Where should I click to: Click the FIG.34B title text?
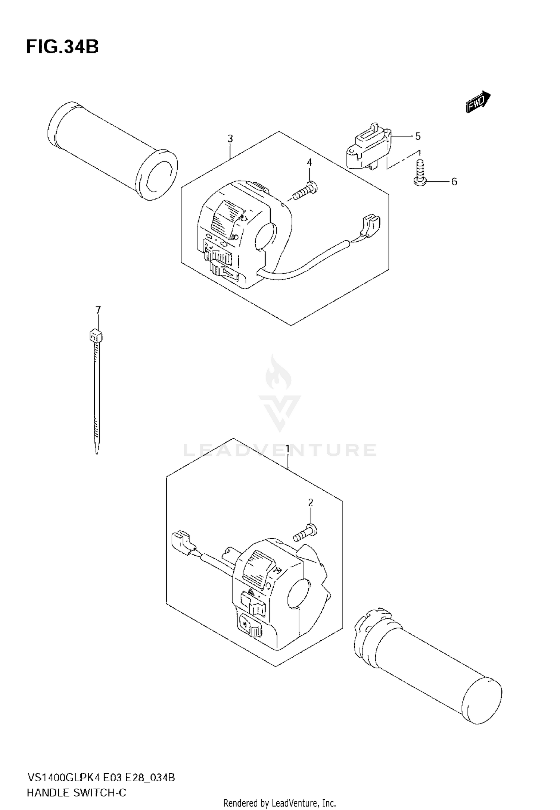(62, 47)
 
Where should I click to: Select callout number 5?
(418, 136)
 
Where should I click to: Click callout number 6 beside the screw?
(454, 182)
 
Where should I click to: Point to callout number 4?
(309, 162)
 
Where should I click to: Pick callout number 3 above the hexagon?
(230, 139)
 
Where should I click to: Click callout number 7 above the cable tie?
(98, 310)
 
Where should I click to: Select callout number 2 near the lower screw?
(311, 503)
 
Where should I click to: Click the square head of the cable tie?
(96, 337)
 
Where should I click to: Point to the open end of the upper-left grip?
(157, 175)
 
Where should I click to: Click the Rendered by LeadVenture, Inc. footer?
(280, 803)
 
